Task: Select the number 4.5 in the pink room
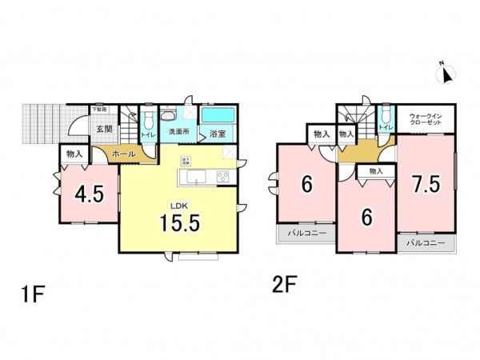[x=88, y=194]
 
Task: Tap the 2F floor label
[x=286, y=284]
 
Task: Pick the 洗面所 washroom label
[x=178, y=133]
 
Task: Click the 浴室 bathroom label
[x=217, y=134]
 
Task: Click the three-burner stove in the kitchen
[x=223, y=176]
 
